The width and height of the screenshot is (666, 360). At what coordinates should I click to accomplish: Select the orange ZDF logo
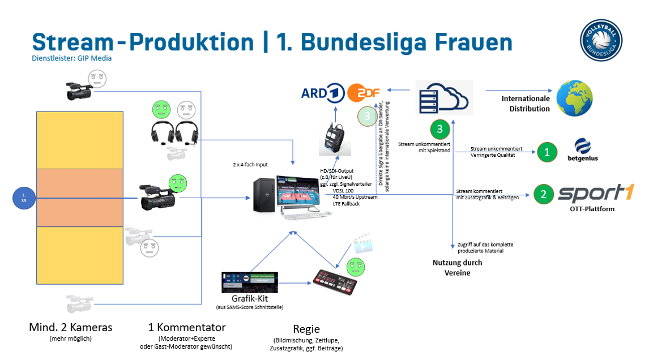364,92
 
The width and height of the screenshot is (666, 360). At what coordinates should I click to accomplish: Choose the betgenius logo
582,150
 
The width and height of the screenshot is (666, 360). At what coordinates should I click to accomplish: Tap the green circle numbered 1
547,152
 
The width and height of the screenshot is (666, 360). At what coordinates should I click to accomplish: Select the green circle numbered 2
544,195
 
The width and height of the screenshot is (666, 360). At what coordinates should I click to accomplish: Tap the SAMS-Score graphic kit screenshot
250,282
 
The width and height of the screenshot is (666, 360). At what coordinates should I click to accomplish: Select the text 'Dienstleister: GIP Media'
72,58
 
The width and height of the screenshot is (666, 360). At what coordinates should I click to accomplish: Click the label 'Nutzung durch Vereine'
457,268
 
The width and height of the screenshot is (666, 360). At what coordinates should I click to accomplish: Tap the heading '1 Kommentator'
186,328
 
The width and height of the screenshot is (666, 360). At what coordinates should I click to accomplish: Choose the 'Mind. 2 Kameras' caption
70,328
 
